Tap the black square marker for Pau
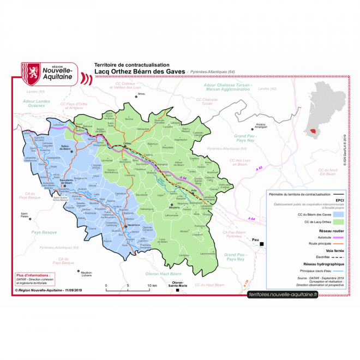tap(262, 244)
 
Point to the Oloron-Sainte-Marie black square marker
tap(177, 290)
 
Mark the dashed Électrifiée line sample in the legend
tap(340, 257)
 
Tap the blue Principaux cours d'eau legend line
tap(340, 270)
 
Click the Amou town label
tap(142, 94)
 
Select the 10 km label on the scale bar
tap(151, 286)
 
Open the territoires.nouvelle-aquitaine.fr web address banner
tap(283, 294)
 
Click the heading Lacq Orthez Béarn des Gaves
tap(140, 71)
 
